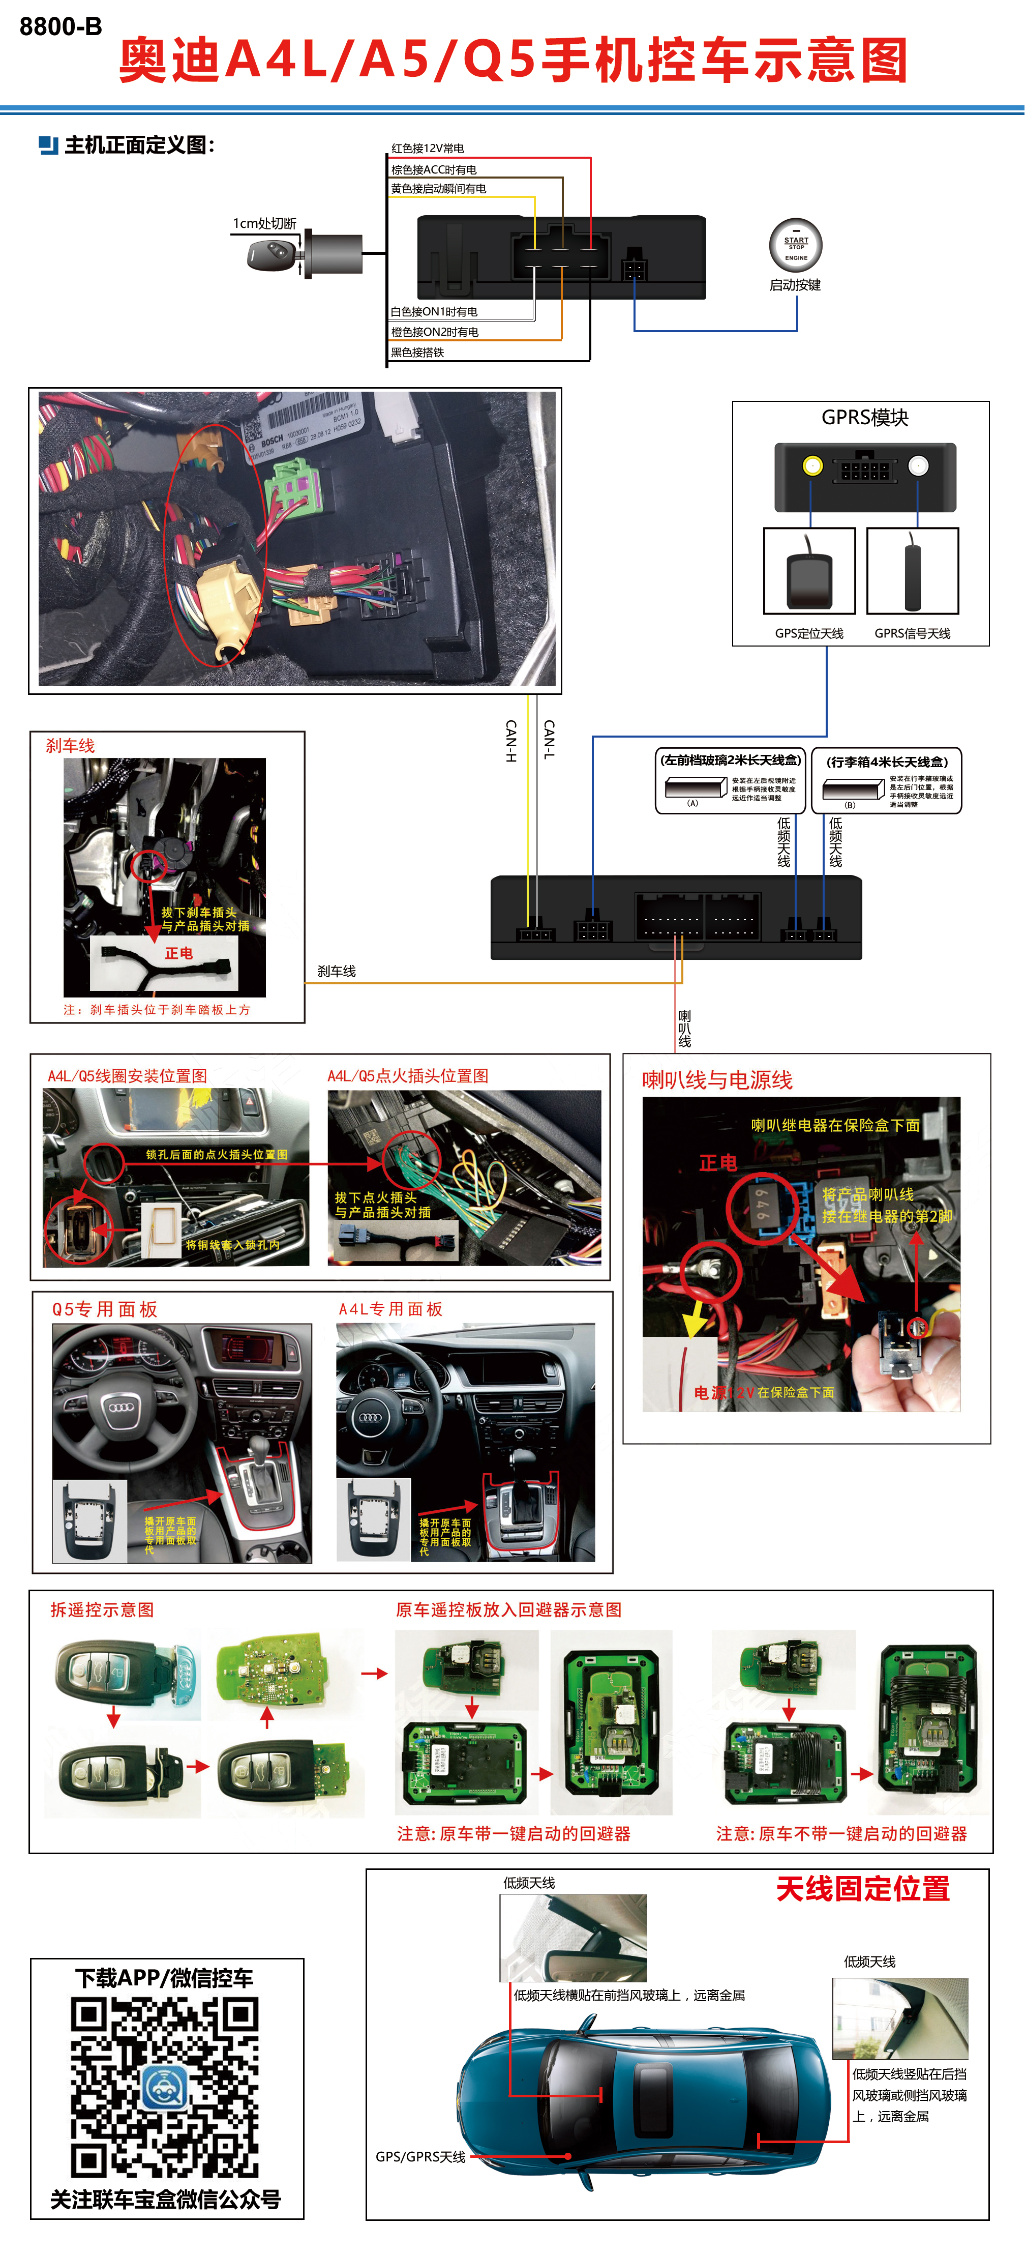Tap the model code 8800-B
click(x=61, y=27)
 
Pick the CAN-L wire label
click(x=549, y=740)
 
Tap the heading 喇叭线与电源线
click(x=717, y=1080)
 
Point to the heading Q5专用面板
click(x=104, y=1309)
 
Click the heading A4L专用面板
click(x=390, y=1309)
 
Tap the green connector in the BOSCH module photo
click(x=297, y=488)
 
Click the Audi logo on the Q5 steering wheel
click(x=121, y=1407)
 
